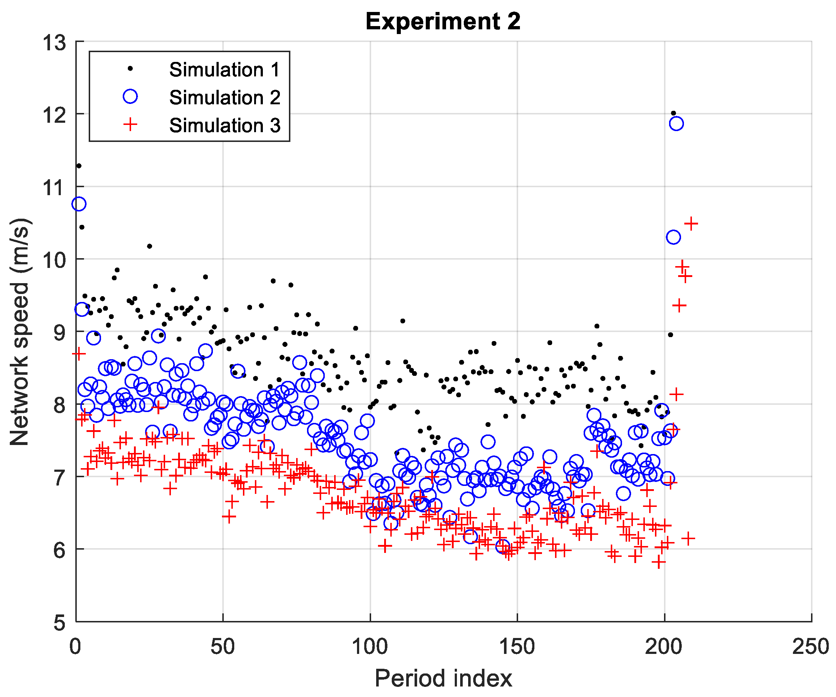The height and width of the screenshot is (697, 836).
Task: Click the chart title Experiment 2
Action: (x=443, y=21)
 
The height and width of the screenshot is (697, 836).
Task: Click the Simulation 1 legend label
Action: (x=224, y=70)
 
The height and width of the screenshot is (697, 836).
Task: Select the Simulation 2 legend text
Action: (x=224, y=97)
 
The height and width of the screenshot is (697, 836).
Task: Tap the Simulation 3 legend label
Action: (x=224, y=125)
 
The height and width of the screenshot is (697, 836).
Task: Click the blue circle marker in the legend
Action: (x=130, y=96)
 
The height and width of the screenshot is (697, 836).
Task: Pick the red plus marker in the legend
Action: (x=130, y=125)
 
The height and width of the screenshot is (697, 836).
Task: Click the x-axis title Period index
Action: (x=443, y=678)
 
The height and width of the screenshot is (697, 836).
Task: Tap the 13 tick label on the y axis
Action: (x=54, y=43)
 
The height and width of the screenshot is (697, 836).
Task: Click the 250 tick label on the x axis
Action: (x=811, y=647)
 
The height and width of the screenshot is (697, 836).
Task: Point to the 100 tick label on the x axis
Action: (x=370, y=647)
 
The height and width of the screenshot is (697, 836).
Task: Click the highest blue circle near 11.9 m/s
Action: (x=676, y=123)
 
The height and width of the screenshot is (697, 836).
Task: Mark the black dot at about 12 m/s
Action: (x=673, y=113)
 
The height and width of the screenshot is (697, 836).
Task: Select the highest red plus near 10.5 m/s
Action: (x=691, y=223)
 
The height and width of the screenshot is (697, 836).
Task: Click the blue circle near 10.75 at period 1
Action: (x=79, y=204)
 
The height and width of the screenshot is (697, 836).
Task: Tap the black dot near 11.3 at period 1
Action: (x=79, y=165)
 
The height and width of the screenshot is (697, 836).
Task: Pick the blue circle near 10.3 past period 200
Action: (x=673, y=237)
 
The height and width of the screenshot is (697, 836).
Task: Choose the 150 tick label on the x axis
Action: (x=517, y=647)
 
